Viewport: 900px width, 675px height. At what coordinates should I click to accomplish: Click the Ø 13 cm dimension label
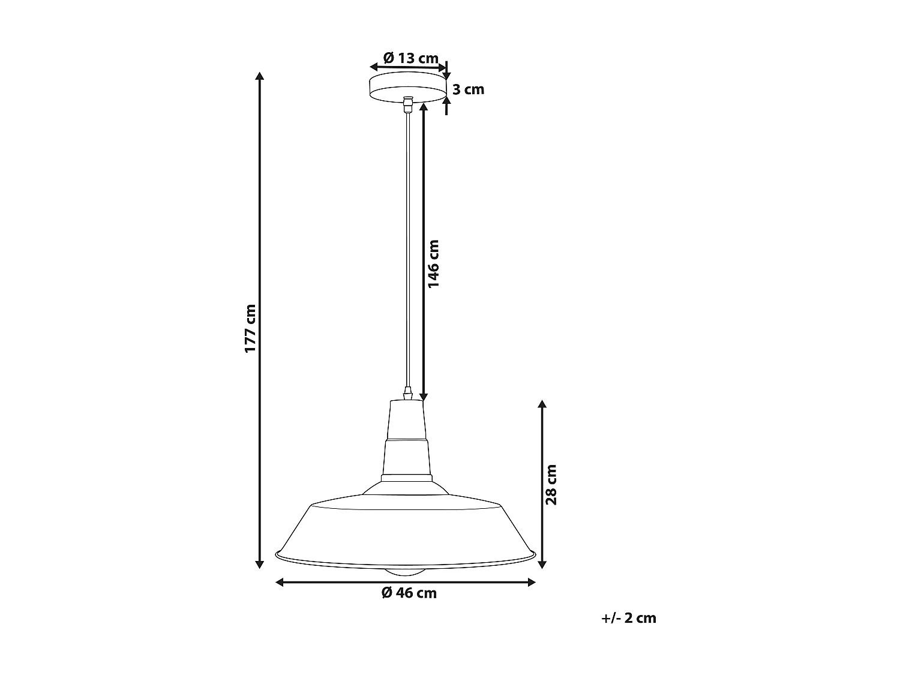pos(411,58)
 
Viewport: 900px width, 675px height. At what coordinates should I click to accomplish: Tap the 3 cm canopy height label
pos(468,90)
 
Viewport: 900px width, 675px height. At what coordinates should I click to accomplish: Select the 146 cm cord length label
pos(434,263)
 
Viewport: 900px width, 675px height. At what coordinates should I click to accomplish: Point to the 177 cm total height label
pos(250,328)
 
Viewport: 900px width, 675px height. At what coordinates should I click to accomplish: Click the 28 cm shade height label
pos(551,484)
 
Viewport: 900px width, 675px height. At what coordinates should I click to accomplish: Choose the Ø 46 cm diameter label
pos(409,593)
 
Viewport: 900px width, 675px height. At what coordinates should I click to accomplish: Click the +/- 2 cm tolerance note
pos(628,618)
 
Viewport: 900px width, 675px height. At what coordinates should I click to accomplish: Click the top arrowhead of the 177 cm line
pos(259,76)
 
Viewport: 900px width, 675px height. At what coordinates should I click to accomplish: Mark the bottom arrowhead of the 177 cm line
pos(259,563)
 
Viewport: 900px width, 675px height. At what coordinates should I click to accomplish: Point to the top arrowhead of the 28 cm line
pos(542,404)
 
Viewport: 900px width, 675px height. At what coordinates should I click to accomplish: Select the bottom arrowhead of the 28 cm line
pos(542,563)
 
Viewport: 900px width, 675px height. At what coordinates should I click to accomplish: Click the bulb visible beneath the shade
pos(409,572)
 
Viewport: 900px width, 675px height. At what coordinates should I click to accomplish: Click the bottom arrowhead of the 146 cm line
pos(424,396)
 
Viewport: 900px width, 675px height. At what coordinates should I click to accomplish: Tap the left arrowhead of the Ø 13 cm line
pos(373,67)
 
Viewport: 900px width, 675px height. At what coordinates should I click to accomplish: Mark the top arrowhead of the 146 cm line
pos(424,107)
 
